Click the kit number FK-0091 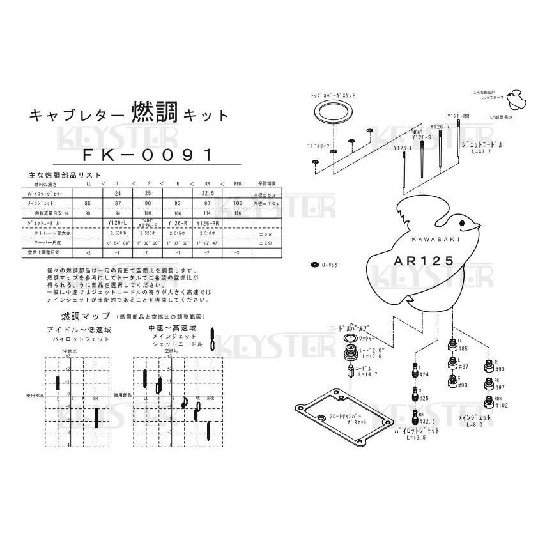(x=148, y=155)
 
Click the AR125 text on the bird (x=424, y=261)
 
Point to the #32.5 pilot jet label (x=427, y=422)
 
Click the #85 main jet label (x=463, y=349)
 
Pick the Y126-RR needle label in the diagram (x=458, y=116)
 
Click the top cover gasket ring (x=334, y=116)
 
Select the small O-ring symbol (x=314, y=264)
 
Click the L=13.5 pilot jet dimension (x=417, y=439)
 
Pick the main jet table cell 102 (x=238, y=203)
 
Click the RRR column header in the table (x=238, y=183)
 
